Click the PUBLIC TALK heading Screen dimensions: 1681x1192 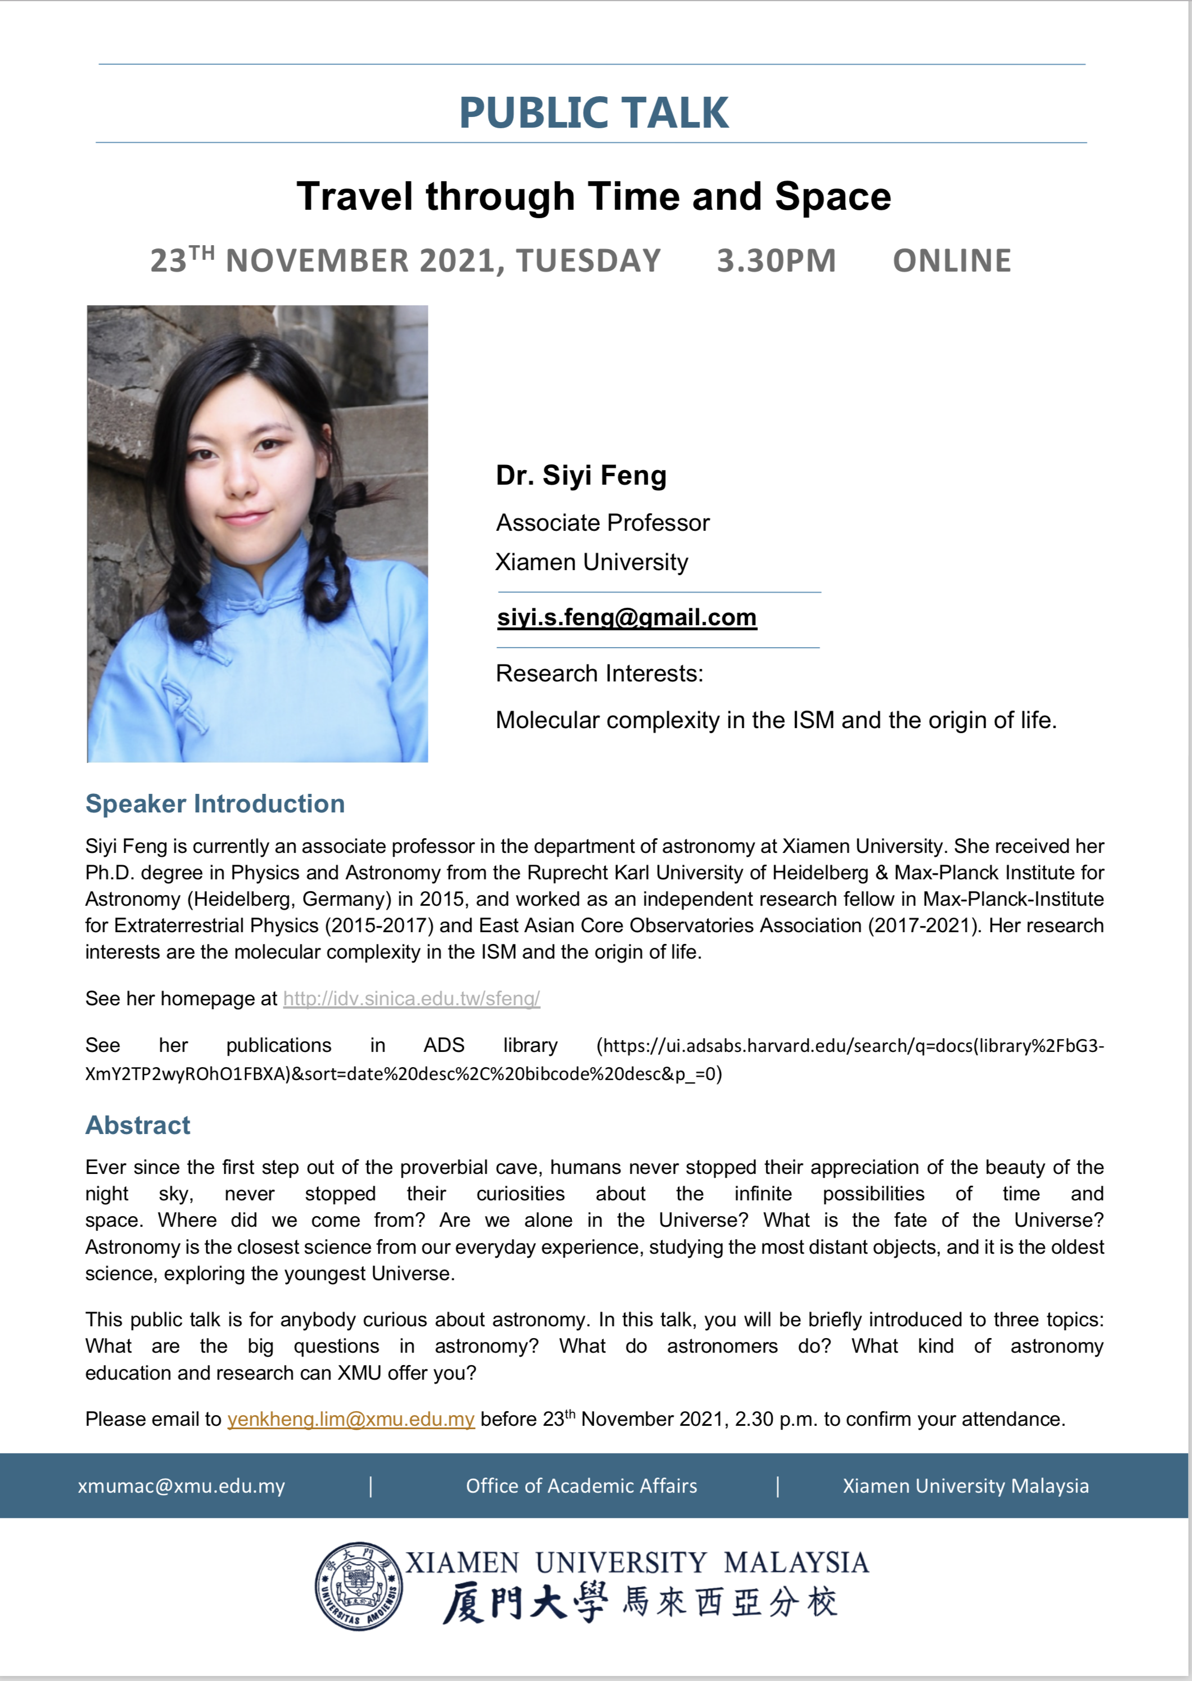(594, 113)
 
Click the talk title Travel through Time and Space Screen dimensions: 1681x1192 (594, 197)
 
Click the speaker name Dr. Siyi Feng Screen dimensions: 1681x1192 (581, 476)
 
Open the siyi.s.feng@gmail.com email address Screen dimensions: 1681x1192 (626, 618)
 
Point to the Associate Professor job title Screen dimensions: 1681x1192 (603, 523)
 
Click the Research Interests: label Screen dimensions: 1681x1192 (599, 674)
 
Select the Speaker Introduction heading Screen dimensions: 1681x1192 (215, 804)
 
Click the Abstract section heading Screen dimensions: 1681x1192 (138, 1126)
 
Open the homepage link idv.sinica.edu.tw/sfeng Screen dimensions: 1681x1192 (411, 998)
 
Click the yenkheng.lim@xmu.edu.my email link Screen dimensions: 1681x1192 (351, 1420)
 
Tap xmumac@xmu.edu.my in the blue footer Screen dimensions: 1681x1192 (181, 1486)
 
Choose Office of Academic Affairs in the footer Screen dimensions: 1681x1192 (581, 1486)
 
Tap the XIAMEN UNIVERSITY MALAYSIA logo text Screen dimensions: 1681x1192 (637, 1563)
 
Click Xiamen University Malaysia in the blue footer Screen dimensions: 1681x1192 (965, 1486)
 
